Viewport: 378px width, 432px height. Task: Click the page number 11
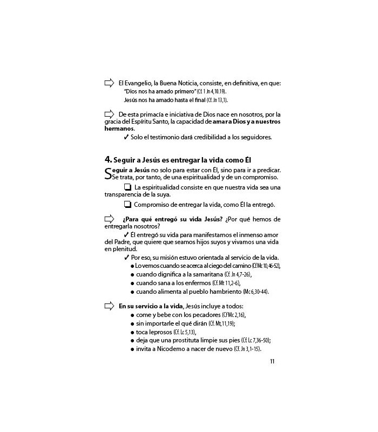pyautogui.click(x=272, y=362)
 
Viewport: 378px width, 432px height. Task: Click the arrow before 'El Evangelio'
pyautogui.click(x=109, y=83)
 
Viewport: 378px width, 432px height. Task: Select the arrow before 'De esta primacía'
pyautogui.click(x=109, y=113)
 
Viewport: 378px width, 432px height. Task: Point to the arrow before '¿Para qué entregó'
pyautogui.click(x=109, y=218)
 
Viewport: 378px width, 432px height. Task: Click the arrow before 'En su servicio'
pyautogui.click(x=109, y=306)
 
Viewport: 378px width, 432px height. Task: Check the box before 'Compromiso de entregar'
pyautogui.click(x=127, y=205)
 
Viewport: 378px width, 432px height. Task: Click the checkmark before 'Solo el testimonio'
pyautogui.click(x=126, y=137)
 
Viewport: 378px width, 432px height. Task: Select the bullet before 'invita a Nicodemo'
pyautogui.click(x=132, y=349)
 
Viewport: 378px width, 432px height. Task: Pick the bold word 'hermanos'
pyautogui.click(x=118, y=129)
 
